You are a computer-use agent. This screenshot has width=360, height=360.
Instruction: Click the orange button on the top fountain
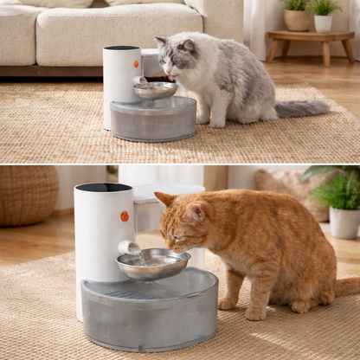coord(136,64)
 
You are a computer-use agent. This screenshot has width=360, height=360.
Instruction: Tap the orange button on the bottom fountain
coord(125,216)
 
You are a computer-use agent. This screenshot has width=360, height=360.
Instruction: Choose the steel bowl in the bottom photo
coord(153,263)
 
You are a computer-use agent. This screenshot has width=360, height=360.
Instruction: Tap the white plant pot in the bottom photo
coord(344,222)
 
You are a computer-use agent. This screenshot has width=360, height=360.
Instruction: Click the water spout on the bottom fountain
coord(130,247)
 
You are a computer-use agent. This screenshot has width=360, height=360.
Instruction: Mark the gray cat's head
coord(177,57)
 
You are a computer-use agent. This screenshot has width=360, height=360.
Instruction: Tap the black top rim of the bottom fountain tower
coord(103,187)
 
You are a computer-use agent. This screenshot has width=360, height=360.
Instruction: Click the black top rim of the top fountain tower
coord(121,48)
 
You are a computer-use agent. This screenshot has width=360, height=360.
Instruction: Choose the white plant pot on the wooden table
coord(323,23)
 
